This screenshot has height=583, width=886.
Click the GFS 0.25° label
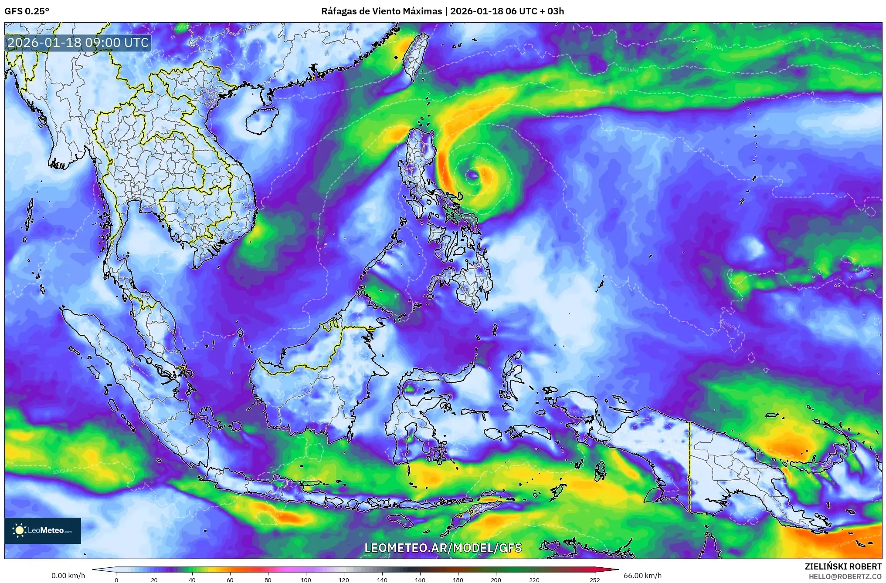(x=27, y=11)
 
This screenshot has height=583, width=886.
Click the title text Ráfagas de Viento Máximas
(x=381, y=11)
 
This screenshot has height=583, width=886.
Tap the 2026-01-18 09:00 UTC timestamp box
(x=78, y=43)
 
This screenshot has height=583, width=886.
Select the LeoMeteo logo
(x=43, y=530)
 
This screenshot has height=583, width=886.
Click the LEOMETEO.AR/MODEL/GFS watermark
(x=443, y=548)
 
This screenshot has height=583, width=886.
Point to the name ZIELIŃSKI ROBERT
(x=843, y=566)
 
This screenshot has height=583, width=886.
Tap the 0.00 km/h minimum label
(x=68, y=576)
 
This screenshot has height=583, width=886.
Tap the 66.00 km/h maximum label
(x=642, y=576)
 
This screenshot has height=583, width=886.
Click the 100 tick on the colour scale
(x=306, y=580)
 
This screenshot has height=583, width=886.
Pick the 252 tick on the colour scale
(x=595, y=580)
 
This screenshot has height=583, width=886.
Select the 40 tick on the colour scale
(x=192, y=580)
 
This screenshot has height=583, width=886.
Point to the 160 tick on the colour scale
(x=420, y=580)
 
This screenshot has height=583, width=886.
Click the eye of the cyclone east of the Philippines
(x=473, y=175)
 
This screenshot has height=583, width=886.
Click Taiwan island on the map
(x=414, y=57)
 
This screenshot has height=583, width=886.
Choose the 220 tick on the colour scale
(x=534, y=580)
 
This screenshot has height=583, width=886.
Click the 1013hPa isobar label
(x=714, y=46)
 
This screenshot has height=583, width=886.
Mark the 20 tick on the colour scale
(x=154, y=580)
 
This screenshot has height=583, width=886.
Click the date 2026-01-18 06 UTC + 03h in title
(x=507, y=11)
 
